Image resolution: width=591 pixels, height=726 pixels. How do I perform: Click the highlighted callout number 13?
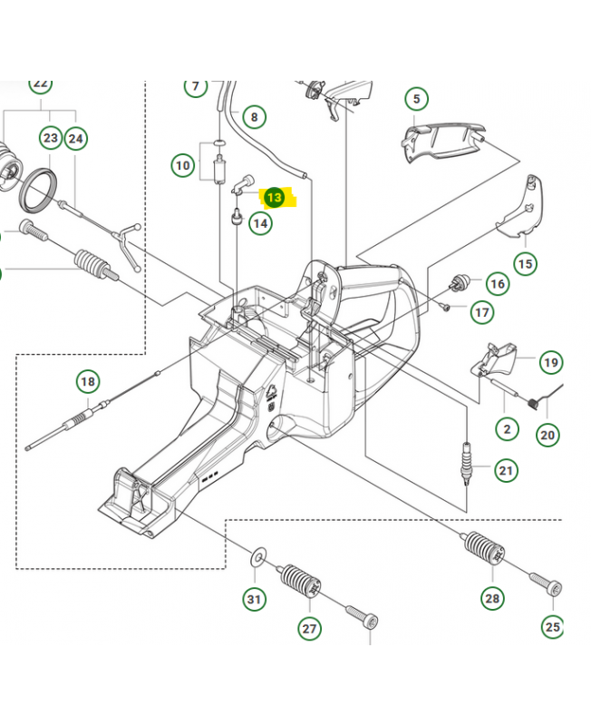pyautogui.click(x=274, y=197)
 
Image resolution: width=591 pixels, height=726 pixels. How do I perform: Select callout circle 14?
pyautogui.click(x=260, y=222)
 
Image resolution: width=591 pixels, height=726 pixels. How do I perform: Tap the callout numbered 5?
pyautogui.click(x=415, y=99)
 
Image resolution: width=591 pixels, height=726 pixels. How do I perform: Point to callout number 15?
pyautogui.click(x=525, y=264)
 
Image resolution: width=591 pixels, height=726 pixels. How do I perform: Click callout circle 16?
pyautogui.click(x=498, y=284)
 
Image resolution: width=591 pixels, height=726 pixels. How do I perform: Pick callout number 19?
pyautogui.click(x=550, y=363)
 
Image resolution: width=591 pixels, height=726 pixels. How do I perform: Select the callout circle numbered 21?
pyautogui.click(x=505, y=470)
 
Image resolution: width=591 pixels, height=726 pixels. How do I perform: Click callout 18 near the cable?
pyautogui.click(x=87, y=382)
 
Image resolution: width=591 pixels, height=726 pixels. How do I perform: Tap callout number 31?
pyautogui.click(x=255, y=599)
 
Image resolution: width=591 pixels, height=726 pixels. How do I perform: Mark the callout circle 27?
pyautogui.click(x=309, y=628)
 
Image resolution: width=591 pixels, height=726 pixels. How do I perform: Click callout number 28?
pyautogui.click(x=492, y=597)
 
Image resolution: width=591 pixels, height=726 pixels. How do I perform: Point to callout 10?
pyautogui.click(x=184, y=165)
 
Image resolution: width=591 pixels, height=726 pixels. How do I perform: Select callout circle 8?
pyautogui.click(x=254, y=117)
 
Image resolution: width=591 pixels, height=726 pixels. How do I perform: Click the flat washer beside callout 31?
pyautogui.click(x=258, y=553)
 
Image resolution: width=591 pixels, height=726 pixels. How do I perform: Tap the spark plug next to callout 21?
pyautogui.click(x=468, y=462)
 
